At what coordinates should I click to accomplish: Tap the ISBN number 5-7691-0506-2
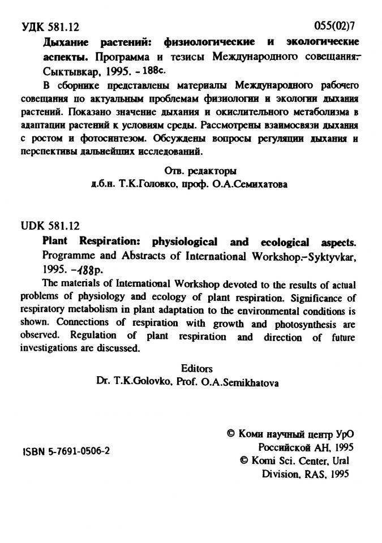(65, 453)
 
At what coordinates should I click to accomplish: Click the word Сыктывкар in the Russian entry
(68, 72)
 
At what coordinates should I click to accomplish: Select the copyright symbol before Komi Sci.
(245, 460)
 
